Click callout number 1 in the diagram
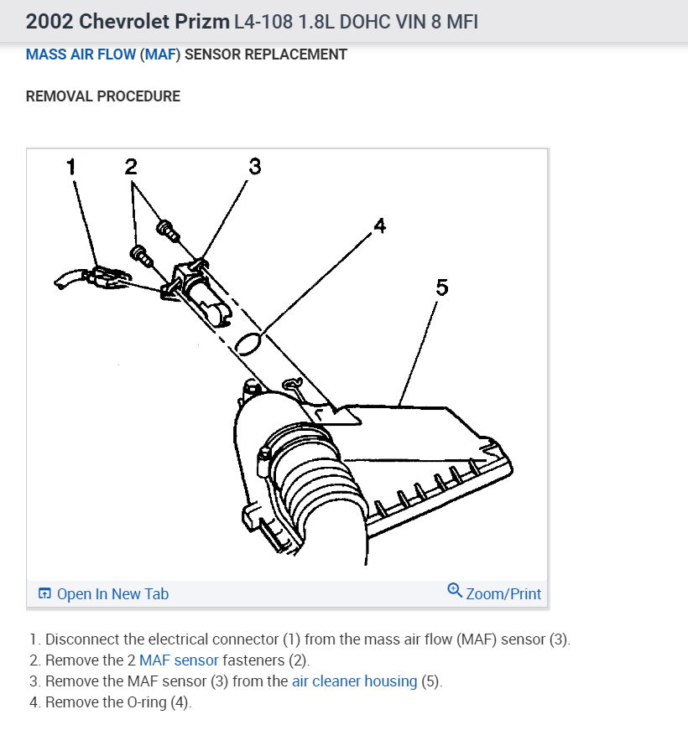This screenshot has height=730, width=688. [x=71, y=166]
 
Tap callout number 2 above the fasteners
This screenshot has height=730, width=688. [x=131, y=166]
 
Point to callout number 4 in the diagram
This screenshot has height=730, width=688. [x=380, y=225]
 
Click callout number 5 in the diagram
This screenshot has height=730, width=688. [x=442, y=287]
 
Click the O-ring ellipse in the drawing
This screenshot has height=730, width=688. [x=250, y=342]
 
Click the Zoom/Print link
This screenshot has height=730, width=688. [x=503, y=594]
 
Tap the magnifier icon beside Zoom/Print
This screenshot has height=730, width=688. [x=455, y=591]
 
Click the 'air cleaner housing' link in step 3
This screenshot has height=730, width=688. [x=354, y=681]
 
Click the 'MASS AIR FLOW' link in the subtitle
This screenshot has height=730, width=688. [x=81, y=54]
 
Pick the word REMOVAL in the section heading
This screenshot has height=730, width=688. [x=60, y=96]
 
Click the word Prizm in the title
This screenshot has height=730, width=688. [x=200, y=21]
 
